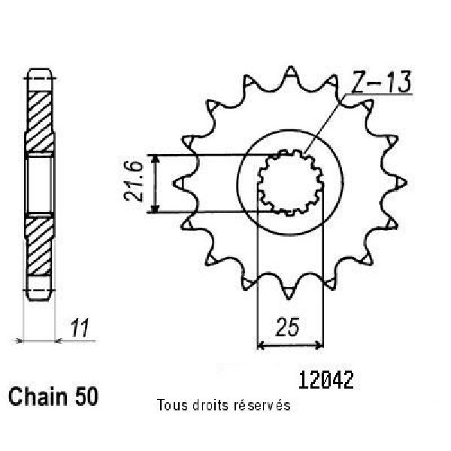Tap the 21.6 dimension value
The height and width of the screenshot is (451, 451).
(133, 181)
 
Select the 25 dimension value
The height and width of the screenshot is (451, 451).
(287, 327)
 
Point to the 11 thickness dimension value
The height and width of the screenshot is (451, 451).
(80, 328)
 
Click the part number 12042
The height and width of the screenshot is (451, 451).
(326, 380)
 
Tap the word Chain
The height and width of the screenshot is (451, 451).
(38, 396)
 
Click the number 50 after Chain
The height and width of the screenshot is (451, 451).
(86, 396)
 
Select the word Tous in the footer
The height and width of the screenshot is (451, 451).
(172, 405)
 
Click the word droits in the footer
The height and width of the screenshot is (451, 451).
(211, 405)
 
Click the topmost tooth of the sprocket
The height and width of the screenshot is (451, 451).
(290, 74)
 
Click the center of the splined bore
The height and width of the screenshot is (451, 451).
(290, 183)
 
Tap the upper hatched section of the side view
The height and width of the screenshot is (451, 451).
(39, 121)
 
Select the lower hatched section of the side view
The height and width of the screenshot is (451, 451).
(39, 246)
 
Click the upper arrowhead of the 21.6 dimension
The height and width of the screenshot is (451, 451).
(156, 159)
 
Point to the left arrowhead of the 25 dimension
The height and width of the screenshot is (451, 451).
(261, 344)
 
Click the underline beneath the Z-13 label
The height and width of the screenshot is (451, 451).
(379, 94)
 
